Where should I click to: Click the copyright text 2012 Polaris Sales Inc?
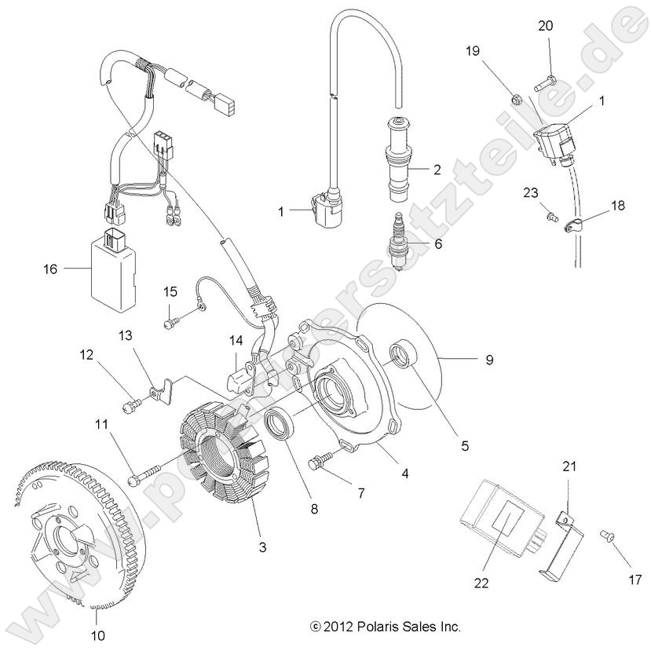click(385, 627)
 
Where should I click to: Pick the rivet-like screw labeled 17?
click(606, 534)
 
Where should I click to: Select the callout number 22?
click(481, 583)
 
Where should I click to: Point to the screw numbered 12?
click(131, 405)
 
